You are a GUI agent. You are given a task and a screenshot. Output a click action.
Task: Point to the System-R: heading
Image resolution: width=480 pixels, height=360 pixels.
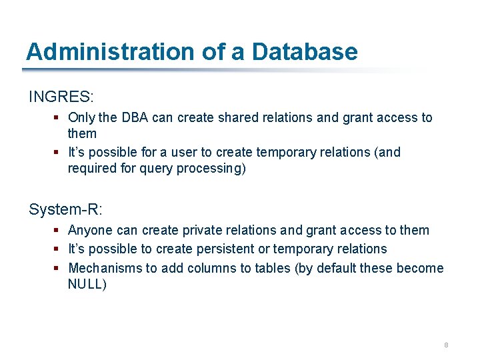65,209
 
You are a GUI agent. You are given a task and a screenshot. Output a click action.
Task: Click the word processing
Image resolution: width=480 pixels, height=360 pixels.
203,169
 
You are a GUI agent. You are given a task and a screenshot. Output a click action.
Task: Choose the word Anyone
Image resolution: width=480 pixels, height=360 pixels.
90,230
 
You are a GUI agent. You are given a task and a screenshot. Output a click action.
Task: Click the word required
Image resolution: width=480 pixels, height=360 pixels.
92,169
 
